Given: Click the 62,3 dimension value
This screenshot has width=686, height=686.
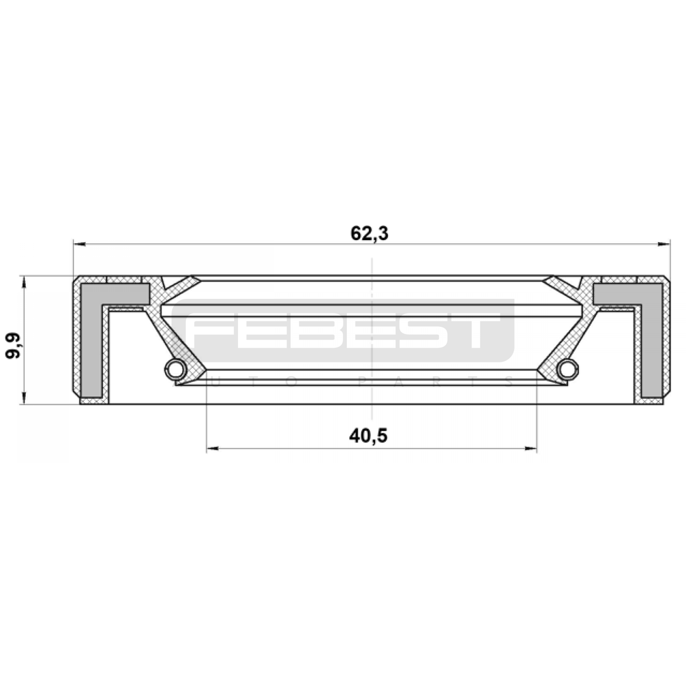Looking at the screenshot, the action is pos(369,234).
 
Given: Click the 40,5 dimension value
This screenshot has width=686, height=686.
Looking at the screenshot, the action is pos(368,436).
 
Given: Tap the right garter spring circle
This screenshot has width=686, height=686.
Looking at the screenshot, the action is pos(569,368).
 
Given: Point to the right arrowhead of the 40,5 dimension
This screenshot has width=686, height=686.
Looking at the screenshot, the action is pos(530,449).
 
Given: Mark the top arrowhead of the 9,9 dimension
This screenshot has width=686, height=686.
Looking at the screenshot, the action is pos(24,283).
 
